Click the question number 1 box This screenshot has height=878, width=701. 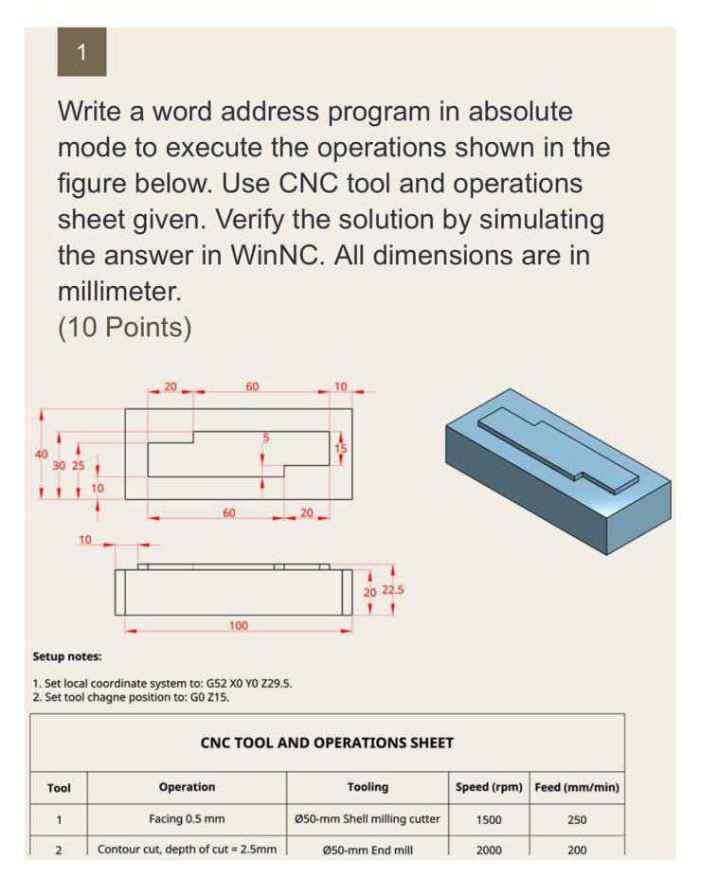(x=81, y=53)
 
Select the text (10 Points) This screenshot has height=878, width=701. (x=125, y=328)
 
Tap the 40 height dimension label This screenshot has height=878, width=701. (x=41, y=454)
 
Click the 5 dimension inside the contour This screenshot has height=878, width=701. (x=266, y=437)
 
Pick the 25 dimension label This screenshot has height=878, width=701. (x=78, y=466)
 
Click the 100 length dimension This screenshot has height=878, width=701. (x=239, y=625)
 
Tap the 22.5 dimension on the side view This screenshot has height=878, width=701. (x=393, y=591)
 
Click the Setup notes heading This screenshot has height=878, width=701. (x=66, y=656)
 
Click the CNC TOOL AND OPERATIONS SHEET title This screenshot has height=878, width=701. (x=327, y=743)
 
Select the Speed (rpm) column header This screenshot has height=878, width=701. (x=489, y=787)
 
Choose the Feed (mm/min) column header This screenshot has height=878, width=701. (x=577, y=787)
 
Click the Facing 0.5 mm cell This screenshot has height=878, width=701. (x=187, y=819)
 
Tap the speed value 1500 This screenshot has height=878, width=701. (x=489, y=820)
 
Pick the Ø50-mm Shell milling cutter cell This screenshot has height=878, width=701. (x=368, y=819)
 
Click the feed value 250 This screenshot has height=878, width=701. (x=577, y=820)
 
